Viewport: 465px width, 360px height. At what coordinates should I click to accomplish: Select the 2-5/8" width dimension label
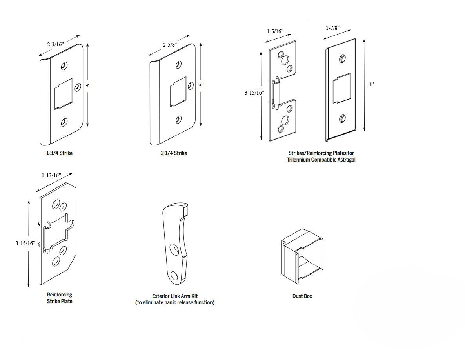click(170, 45)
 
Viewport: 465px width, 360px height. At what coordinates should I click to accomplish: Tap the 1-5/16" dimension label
click(274, 31)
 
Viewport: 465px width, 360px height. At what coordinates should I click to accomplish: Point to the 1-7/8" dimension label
click(333, 28)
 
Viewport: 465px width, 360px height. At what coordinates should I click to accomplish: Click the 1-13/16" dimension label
click(52, 175)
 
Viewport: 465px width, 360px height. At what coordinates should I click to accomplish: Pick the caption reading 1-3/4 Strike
click(59, 153)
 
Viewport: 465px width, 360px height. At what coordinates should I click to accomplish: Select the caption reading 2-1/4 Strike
click(174, 153)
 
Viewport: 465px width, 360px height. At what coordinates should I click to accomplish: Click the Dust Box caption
click(302, 296)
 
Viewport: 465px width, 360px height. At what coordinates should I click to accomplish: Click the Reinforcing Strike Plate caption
click(60, 298)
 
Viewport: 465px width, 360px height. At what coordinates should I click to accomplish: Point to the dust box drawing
click(302, 258)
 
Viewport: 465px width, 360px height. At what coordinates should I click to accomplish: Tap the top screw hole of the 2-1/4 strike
click(179, 64)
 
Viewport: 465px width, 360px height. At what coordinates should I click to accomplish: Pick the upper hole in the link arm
click(173, 249)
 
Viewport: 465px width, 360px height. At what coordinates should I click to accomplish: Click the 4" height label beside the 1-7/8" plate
click(371, 85)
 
